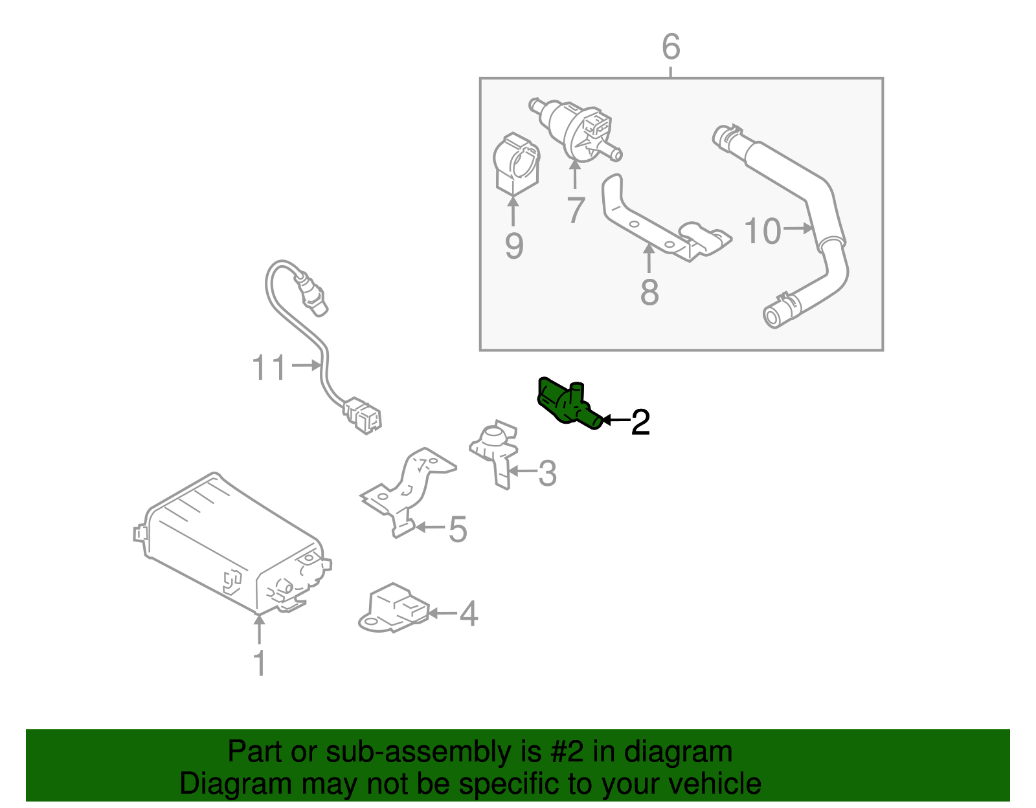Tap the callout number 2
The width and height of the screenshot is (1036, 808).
pos(640,422)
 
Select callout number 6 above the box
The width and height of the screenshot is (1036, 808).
pos(671,47)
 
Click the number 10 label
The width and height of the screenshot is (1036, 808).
pos(762,231)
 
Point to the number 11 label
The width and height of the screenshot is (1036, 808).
pos(269,368)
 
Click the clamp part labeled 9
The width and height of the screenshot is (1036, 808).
pos(515,165)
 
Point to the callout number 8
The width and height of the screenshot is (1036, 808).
pos(649,292)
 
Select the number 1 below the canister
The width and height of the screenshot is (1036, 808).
pos(259,663)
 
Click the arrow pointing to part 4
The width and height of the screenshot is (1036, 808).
pos(443,613)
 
